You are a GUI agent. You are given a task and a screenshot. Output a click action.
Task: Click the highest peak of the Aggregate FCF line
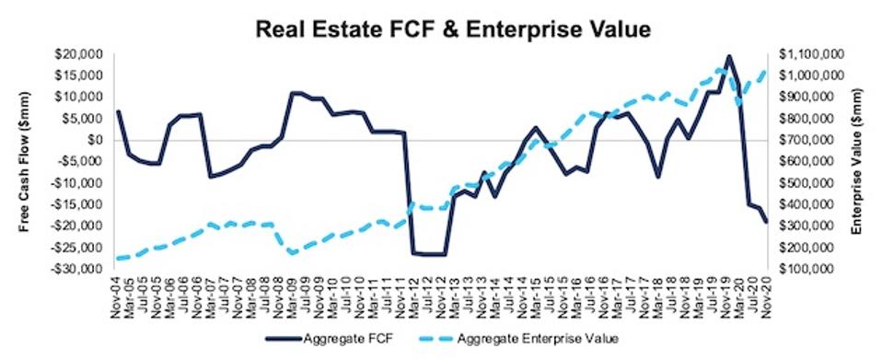[728, 56]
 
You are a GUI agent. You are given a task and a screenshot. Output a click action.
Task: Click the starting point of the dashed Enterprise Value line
[117, 259]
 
